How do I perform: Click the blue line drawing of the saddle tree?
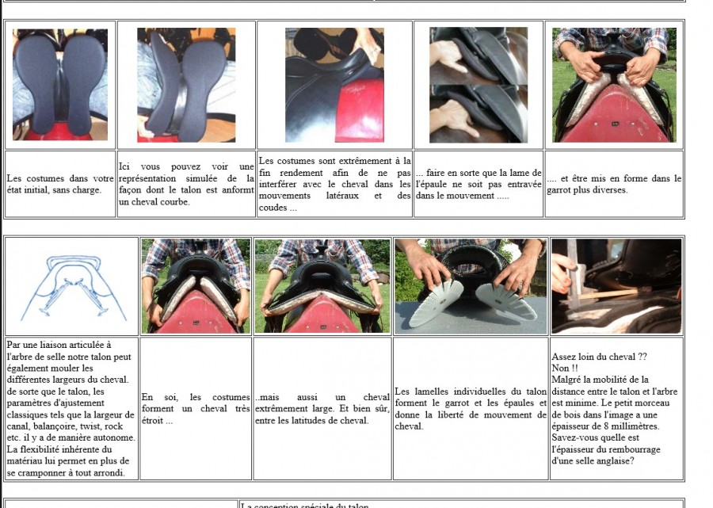point(73,288)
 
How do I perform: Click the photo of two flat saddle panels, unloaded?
point(60,85)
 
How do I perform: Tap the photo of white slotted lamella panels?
point(471,287)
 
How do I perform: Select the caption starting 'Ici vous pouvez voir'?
point(186,184)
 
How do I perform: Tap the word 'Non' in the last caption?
point(560,368)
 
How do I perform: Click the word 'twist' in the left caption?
point(92,426)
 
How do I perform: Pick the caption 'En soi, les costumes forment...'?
point(196,408)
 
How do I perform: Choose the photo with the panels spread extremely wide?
point(322,287)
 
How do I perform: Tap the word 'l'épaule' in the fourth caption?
point(429,184)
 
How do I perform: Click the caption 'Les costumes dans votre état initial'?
point(60,184)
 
